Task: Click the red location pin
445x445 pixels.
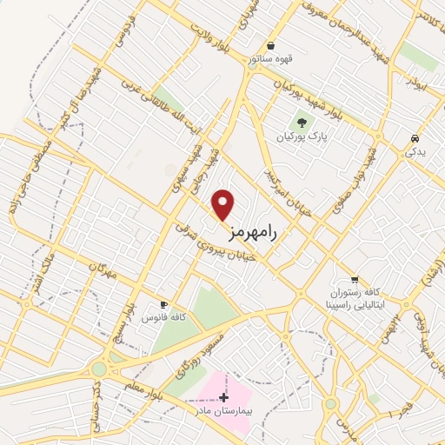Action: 224,204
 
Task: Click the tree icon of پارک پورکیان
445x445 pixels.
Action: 302,123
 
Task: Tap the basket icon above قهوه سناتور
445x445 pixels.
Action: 272,45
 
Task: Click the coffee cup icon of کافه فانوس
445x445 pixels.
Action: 163,304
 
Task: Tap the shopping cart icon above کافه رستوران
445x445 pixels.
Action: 354,279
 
